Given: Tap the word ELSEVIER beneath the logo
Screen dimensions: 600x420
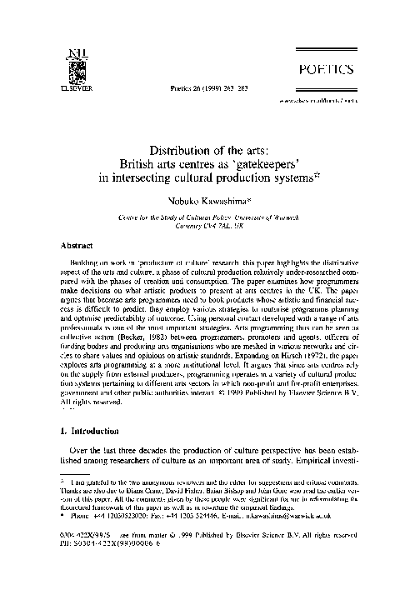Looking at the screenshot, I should pyautogui.click(x=67, y=86).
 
